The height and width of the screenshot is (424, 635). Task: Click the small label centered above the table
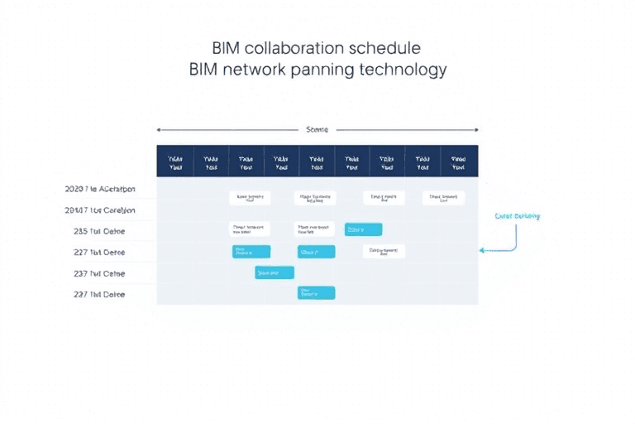[317, 130]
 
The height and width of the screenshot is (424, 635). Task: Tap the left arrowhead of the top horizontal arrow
[159, 130]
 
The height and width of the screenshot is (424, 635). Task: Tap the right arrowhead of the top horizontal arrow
[475, 130]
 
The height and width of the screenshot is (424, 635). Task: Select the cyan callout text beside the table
[517, 216]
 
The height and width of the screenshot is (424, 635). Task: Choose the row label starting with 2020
[99, 189]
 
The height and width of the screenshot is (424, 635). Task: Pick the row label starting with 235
[99, 231]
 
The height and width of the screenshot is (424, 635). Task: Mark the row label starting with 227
[99, 252]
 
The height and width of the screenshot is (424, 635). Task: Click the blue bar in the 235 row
[363, 229]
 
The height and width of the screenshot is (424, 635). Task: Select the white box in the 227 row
[384, 251]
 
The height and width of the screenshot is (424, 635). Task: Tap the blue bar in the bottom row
[316, 292]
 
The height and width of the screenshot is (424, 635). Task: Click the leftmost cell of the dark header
[174, 161]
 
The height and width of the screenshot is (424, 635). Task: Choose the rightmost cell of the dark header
[459, 161]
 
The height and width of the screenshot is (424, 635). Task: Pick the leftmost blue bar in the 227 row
[251, 251]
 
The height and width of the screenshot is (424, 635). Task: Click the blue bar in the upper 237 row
[275, 272]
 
